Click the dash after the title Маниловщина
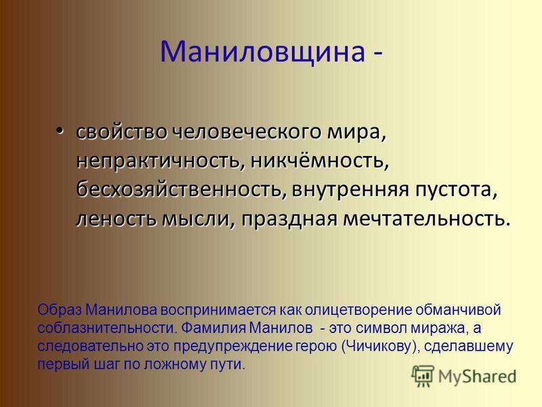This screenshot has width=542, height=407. coord(378,54)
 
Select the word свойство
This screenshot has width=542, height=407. coord(122,132)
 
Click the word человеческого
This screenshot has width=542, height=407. coord(247,132)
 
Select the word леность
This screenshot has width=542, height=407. coord(116,219)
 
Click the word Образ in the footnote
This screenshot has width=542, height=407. coord(60,310)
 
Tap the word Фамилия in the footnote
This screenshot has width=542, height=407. coord(213,328)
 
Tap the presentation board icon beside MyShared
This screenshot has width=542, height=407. coord(422,376)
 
